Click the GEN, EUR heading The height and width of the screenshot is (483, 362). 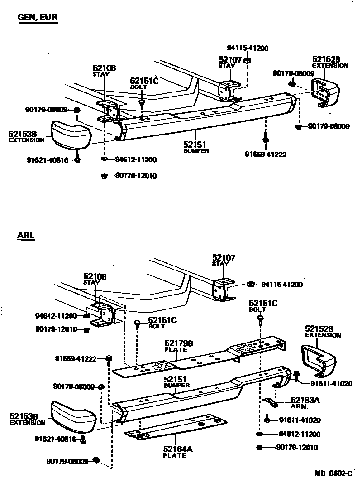(38, 18)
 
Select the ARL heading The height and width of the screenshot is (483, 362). (26, 236)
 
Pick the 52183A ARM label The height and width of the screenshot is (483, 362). (305, 402)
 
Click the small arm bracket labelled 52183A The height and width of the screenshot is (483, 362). (271, 402)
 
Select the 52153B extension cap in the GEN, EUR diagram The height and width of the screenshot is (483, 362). (71, 135)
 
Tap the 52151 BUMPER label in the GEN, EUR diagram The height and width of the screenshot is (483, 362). (196, 147)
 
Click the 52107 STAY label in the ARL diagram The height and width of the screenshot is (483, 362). (224, 260)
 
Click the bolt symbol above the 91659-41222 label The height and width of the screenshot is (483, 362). (265, 137)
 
